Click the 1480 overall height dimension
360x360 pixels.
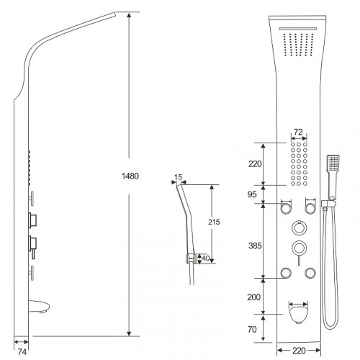coord(130,176)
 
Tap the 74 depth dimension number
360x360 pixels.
coord(22,352)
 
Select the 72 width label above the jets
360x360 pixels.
coord(298,132)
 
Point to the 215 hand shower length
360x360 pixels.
coord(214,222)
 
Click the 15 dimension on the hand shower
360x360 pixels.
coord(179,177)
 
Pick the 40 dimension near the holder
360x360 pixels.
coord(206,258)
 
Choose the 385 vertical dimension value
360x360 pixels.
coord(255,246)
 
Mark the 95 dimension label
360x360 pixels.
coord(252,194)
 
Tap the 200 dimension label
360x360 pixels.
coord(254,297)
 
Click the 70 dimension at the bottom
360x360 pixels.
coord(252,329)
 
